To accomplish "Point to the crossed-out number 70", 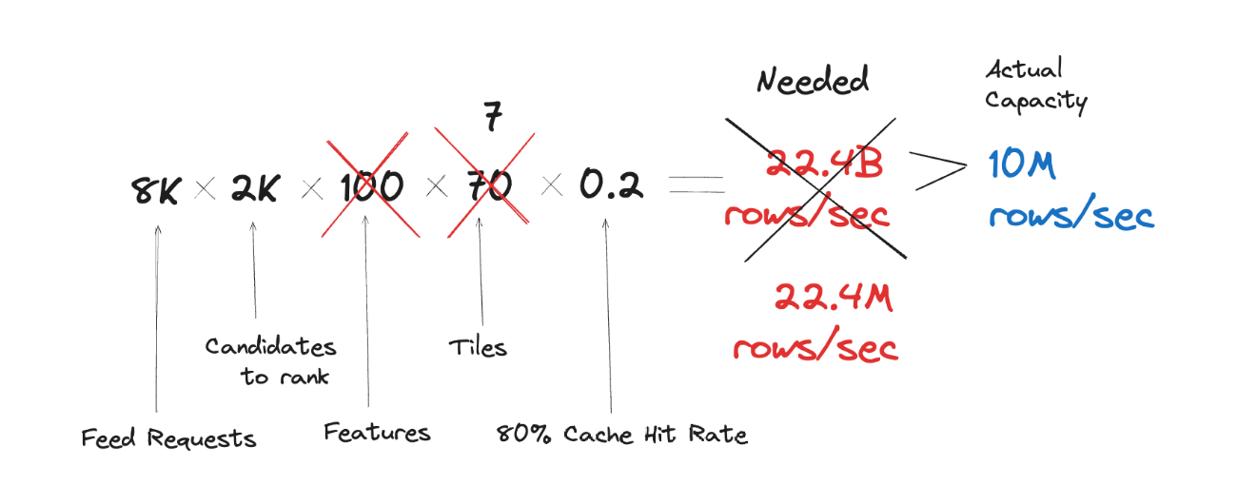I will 483,186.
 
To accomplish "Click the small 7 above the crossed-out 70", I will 492,119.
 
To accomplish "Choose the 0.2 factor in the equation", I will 611,186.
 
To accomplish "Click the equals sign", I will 696,186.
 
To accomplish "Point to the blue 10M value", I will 1022,166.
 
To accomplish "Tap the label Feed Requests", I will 168,438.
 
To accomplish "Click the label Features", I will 377,434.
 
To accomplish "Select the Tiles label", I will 478,347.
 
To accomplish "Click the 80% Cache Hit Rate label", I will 622,436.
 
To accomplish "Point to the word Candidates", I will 270,346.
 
